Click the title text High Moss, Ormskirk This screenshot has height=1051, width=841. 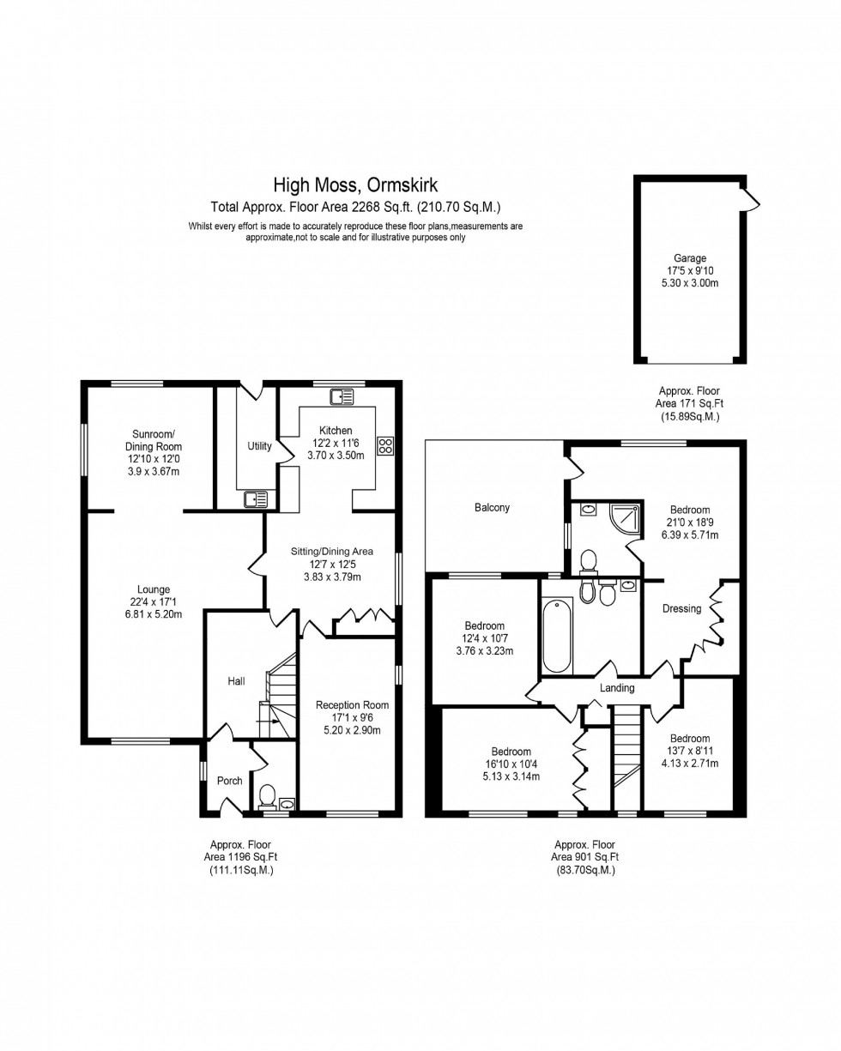point(355,184)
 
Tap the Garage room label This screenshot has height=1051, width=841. point(689,258)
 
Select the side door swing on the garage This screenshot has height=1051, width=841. point(751,199)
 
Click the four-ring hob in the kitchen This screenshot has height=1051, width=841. point(385,445)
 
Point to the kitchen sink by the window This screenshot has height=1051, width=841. point(342,396)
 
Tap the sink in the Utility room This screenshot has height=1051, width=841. point(256,498)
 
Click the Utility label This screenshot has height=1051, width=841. point(259,446)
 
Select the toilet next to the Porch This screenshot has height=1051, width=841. point(267,797)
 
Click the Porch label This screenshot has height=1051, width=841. point(229,781)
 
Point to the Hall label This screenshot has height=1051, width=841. point(236,681)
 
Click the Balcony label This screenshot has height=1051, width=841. point(492,507)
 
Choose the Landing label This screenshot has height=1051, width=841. point(617,688)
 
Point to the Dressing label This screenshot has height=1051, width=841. point(681,609)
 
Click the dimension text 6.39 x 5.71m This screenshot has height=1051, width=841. point(689,535)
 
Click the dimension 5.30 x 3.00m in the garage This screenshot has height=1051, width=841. point(689,283)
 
